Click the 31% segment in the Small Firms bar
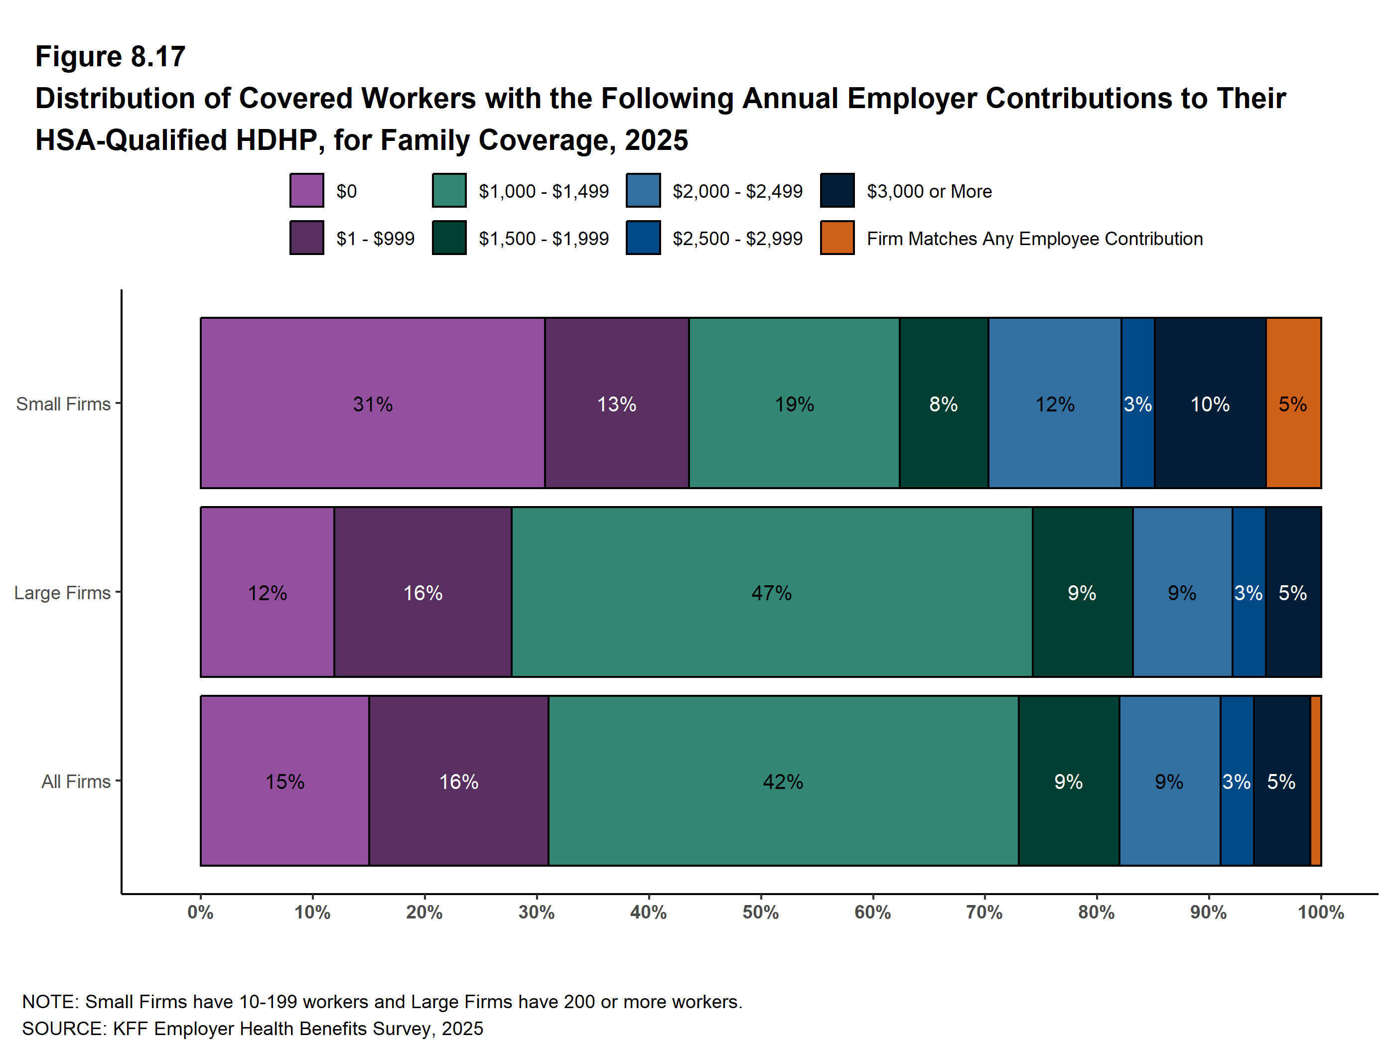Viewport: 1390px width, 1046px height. coord(372,403)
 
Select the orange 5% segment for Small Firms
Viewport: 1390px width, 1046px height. coord(1292,403)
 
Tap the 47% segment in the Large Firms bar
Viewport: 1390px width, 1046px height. coord(771,592)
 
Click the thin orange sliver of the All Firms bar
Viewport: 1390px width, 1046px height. coord(1315,781)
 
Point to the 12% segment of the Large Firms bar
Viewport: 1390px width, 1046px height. coord(267,592)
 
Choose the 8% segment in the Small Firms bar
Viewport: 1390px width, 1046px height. coord(943,403)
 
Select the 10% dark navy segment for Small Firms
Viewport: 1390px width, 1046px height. coord(1210,403)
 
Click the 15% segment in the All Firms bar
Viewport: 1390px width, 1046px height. coord(284,781)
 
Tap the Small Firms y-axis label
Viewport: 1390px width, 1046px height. coord(63,404)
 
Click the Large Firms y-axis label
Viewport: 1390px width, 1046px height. coord(62,592)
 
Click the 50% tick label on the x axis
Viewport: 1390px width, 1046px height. coord(760,912)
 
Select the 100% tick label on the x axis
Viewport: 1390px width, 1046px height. coord(1320,912)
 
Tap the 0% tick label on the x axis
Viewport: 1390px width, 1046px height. coord(200,912)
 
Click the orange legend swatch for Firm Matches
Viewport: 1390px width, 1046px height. coord(837,238)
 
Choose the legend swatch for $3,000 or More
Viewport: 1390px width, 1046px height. coord(837,190)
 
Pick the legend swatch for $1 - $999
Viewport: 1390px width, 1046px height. coord(307,238)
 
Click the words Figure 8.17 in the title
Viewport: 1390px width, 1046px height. coord(110,57)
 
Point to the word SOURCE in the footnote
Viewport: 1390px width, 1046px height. coord(63,1029)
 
